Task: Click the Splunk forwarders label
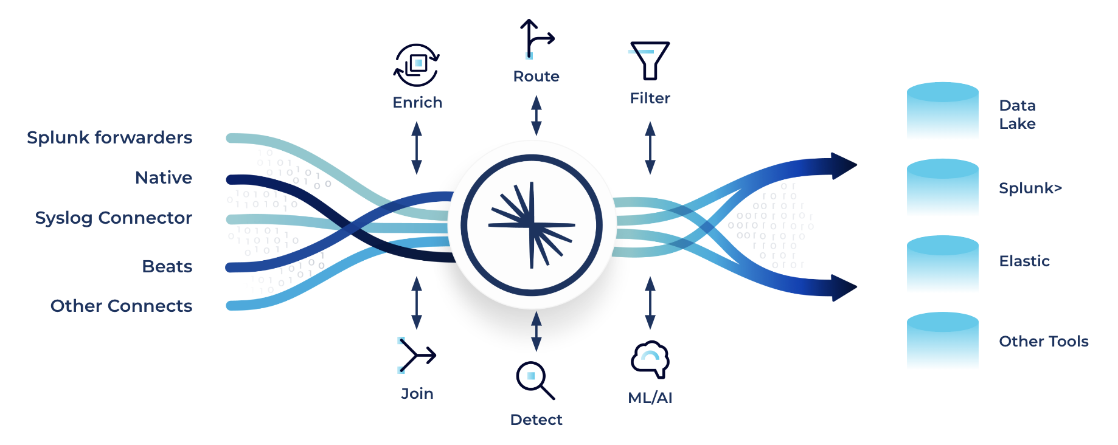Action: [109, 138]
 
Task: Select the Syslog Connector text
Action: [114, 218]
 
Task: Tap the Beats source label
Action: [167, 266]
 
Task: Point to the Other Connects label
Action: [121, 306]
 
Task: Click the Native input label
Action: [164, 178]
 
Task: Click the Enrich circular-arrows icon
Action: [417, 65]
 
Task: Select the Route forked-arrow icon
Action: [536, 39]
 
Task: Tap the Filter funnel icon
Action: [650, 60]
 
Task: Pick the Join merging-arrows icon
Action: [417, 355]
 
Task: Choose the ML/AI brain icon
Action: [650, 359]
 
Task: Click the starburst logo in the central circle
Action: [532, 226]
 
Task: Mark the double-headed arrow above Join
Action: [417, 303]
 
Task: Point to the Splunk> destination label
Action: [1030, 188]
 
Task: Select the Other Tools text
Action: [1043, 342]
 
